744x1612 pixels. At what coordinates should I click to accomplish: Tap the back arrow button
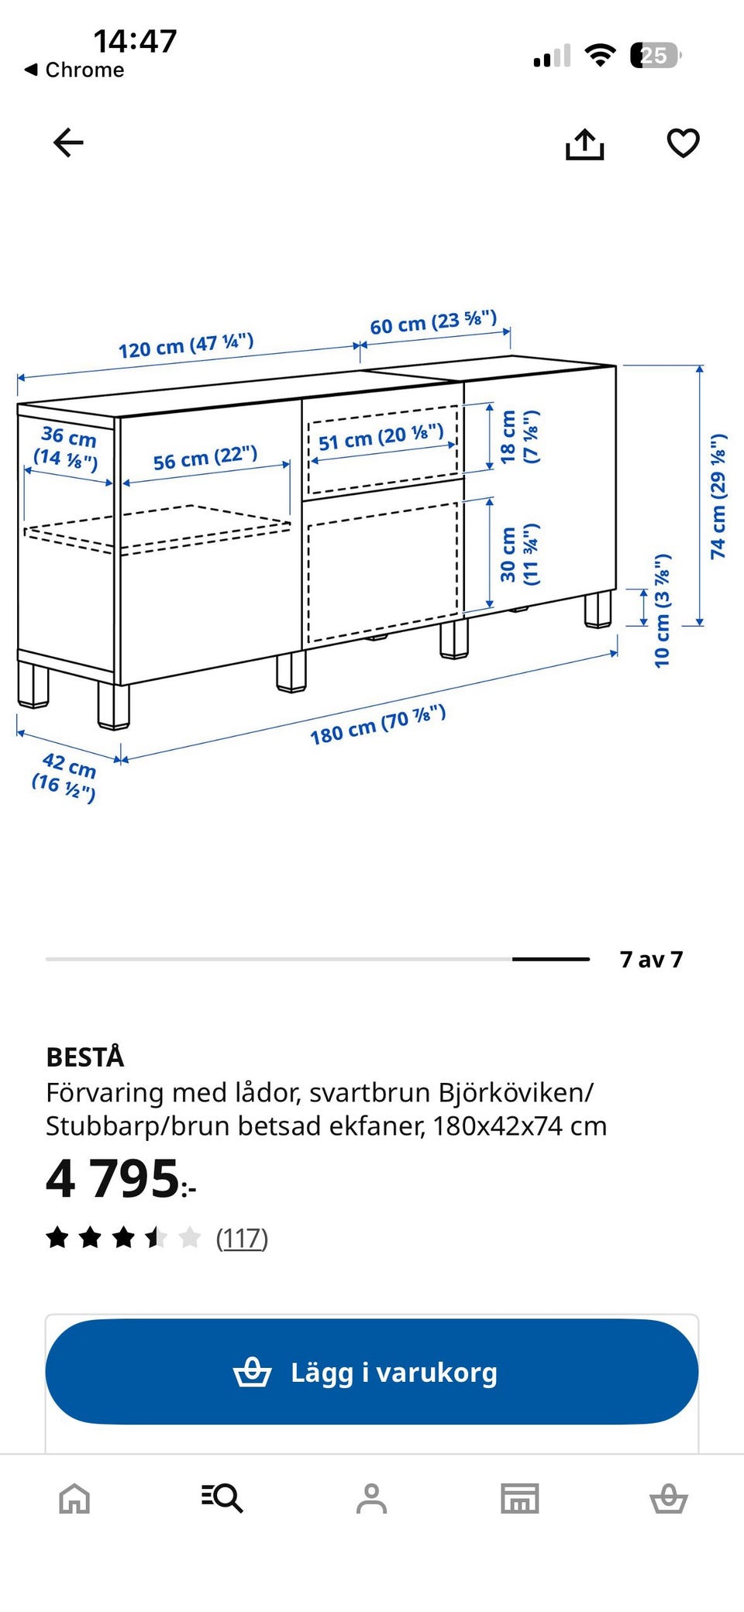click(68, 143)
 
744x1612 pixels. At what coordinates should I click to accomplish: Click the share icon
click(584, 144)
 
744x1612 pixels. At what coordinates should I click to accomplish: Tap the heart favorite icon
click(683, 143)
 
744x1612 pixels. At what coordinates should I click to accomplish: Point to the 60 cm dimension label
click(433, 322)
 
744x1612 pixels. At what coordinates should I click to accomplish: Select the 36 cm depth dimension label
click(67, 448)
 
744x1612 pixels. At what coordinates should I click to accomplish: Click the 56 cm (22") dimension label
click(205, 458)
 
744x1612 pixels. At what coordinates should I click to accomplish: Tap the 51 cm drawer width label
click(381, 438)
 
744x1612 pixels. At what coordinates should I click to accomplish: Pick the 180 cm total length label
click(378, 724)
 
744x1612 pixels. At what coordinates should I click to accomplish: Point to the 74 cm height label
click(718, 496)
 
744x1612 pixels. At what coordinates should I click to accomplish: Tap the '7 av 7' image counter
click(651, 960)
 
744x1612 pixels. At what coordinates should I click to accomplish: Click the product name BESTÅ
click(84, 1057)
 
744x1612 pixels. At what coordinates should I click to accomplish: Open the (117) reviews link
click(242, 1238)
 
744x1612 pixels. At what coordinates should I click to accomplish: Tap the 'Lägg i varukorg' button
click(372, 1372)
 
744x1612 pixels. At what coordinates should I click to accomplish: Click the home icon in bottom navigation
click(74, 1498)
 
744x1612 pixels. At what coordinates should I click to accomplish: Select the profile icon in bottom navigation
click(371, 1498)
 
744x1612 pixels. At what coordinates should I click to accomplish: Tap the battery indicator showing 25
click(656, 56)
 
